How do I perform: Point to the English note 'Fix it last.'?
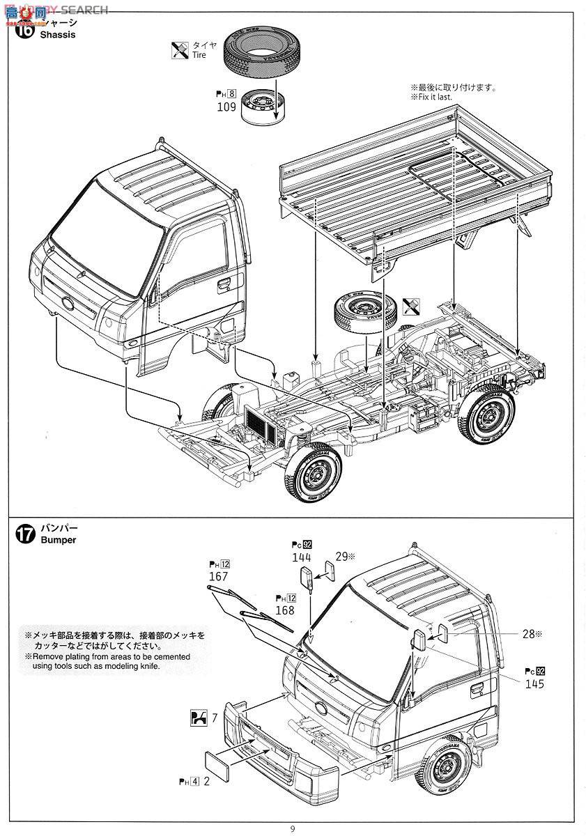pos(431,97)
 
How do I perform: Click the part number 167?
pos(219,577)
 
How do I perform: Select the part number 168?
pos(284,610)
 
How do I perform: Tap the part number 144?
pos(302,557)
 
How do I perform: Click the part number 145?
pos(534,683)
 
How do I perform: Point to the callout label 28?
pos(528,634)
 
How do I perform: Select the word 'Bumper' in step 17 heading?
pos(58,540)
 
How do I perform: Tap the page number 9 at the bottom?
pos(293,828)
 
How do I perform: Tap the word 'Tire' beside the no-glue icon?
pos(199,55)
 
